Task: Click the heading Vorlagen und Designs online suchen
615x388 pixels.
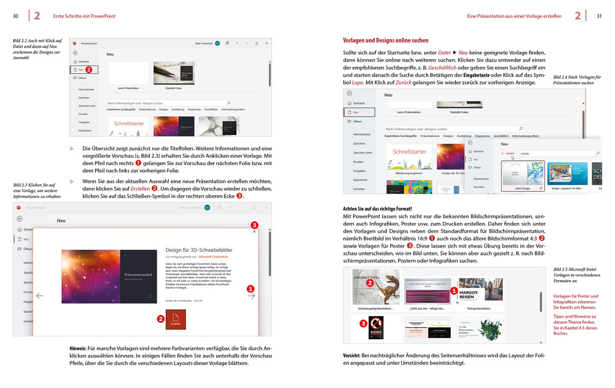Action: click(385, 40)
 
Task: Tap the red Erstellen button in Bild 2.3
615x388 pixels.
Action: click(175, 319)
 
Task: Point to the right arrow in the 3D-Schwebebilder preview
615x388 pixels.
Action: click(251, 296)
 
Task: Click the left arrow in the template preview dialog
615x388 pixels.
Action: click(40, 296)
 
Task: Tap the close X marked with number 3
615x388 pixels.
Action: click(254, 231)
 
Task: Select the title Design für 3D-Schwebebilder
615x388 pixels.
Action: click(199, 249)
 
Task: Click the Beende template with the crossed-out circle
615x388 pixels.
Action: click(376, 329)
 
